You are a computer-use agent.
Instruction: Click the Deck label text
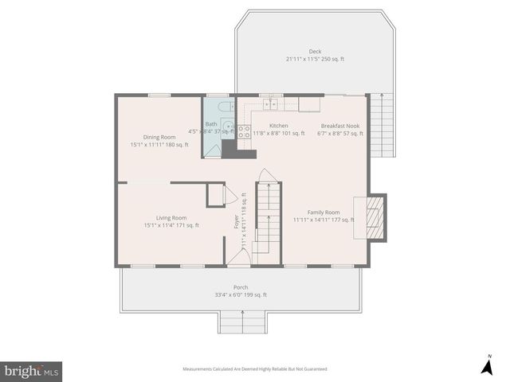[315, 52]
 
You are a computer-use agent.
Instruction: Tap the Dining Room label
[159, 137]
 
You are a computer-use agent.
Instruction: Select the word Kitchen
[279, 126]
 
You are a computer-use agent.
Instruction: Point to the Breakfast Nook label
[340, 126]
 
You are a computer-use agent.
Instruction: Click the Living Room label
[171, 218]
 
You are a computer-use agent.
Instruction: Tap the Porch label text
[241, 287]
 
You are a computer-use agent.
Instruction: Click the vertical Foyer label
[237, 221]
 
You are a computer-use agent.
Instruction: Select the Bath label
[211, 124]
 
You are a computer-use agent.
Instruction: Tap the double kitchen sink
[271, 103]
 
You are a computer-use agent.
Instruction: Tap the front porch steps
[241, 322]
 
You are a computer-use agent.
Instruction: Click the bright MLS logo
[31, 371]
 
